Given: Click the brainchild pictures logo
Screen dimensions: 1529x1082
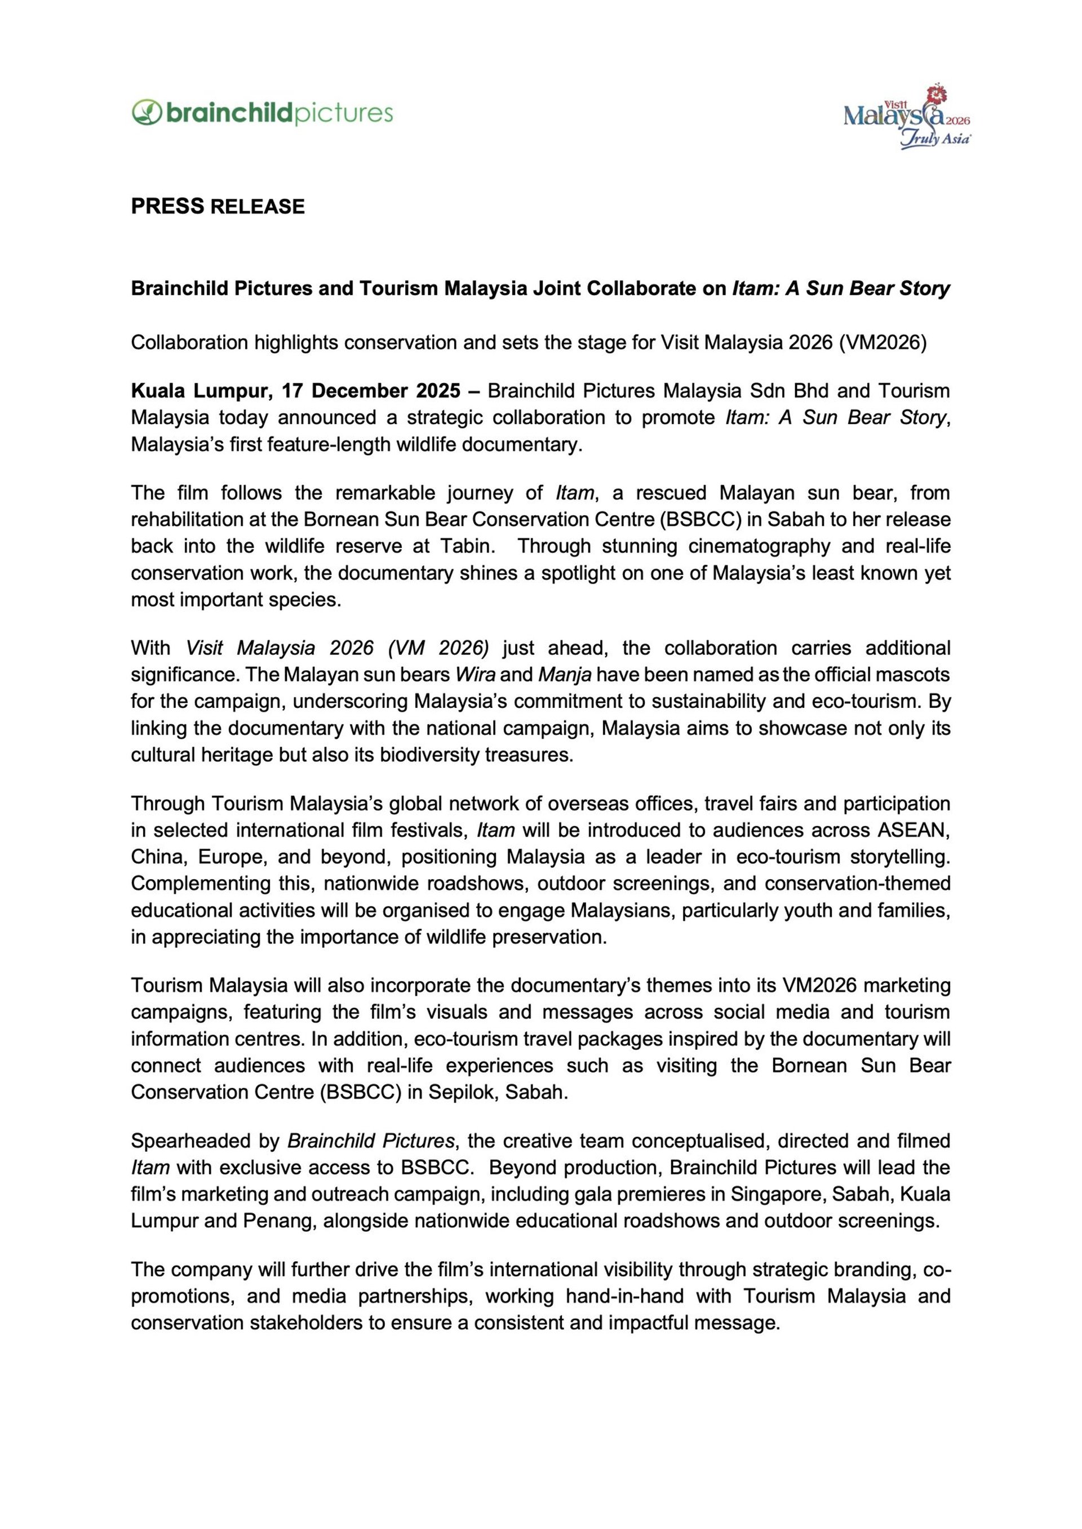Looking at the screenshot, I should pos(263,113).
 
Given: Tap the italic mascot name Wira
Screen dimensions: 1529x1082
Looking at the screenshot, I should pos(475,675).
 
